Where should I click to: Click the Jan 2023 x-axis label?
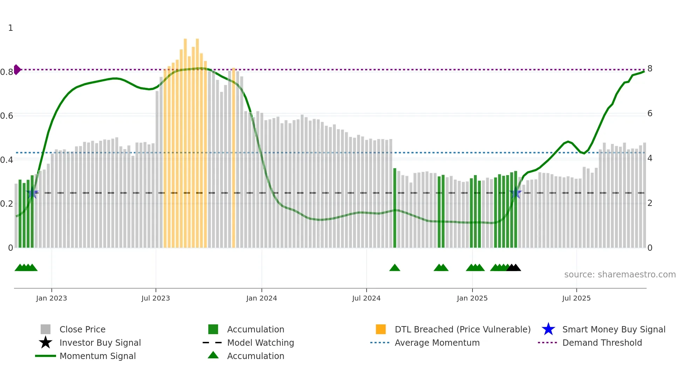tap(51, 298)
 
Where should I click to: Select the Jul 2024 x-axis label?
tap(366, 298)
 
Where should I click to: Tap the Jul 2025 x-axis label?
tap(576, 298)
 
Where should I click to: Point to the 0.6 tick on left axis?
tap(7, 116)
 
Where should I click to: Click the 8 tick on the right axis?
tap(650, 69)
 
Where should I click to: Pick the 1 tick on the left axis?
tap(11, 28)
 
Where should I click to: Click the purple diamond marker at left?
tap(17, 70)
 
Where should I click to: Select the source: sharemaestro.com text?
tap(620, 275)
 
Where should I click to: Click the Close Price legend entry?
tap(82, 329)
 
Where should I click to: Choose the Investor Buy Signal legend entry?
tap(100, 343)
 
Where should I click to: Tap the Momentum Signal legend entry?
tap(97, 356)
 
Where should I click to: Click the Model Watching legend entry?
tap(260, 343)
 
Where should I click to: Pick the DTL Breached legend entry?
tap(462, 329)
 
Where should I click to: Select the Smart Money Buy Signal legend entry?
tap(613, 329)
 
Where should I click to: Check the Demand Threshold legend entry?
tap(602, 343)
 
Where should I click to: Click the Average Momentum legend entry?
tap(437, 343)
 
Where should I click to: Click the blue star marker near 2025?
tap(515, 193)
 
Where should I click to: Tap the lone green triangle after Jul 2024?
tap(395, 268)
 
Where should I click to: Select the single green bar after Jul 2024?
tap(395, 210)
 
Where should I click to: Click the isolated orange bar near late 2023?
tap(233, 158)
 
